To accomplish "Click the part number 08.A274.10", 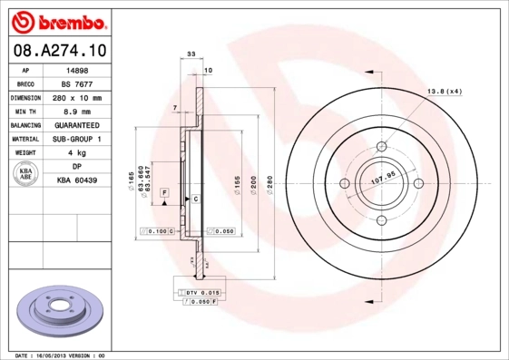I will (57, 52).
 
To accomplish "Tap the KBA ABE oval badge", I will (26, 173).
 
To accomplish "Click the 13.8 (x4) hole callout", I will (445, 92).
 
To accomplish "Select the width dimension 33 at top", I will (191, 55).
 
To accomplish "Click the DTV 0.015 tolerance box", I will (202, 291).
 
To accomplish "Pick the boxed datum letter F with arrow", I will (165, 193).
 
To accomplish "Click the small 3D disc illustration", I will (62, 311).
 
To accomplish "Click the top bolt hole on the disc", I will (382, 146).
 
